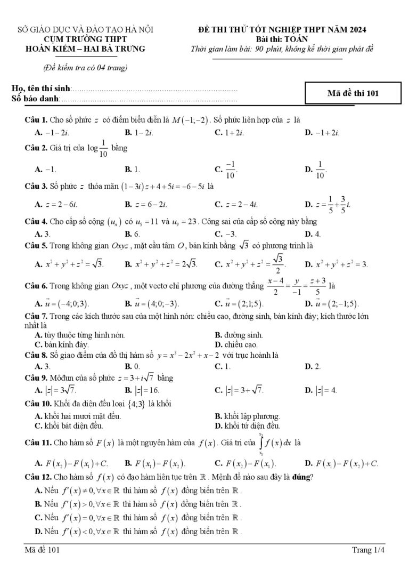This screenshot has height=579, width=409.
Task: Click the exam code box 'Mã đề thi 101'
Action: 352,93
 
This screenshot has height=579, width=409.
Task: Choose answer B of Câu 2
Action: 132,170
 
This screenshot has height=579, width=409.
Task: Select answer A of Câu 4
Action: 43,234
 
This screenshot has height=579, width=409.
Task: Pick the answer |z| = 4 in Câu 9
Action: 321,390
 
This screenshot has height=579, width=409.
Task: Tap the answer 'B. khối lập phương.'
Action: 247,416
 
